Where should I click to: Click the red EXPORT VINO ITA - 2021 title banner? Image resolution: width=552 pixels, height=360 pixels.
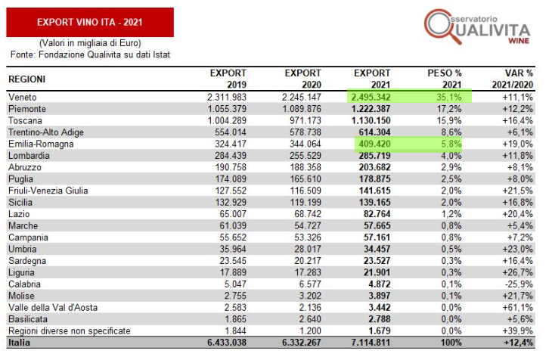pyautogui.click(x=90, y=22)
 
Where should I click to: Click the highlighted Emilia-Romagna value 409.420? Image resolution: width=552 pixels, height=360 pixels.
pyautogui.click(x=374, y=144)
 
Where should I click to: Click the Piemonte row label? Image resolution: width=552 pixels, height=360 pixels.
pyautogui.click(x=26, y=109)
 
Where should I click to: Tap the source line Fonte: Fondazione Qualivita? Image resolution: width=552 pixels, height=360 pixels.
pyautogui.click(x=90, y=55)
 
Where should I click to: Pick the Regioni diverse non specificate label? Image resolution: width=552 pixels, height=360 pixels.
pyautogui.click(x=69, y=331)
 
